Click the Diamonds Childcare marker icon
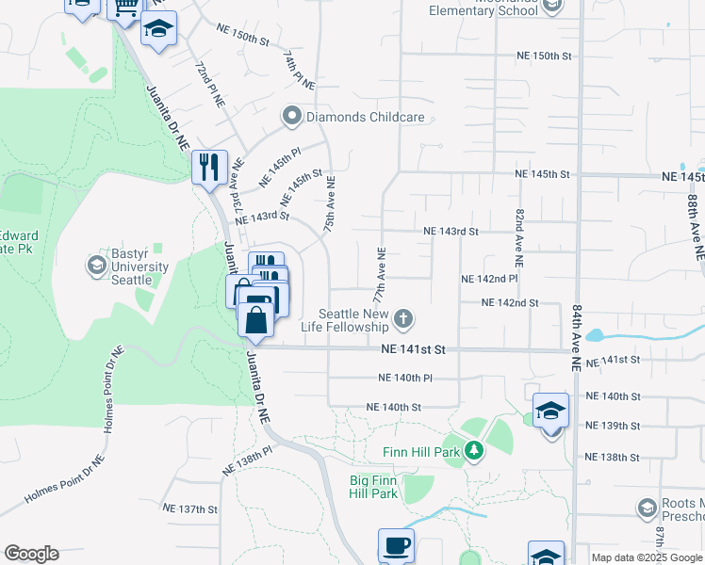tap(291, 118)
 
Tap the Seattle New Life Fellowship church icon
tap(402, 319)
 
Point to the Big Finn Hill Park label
tap(373, 487)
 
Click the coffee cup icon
tap(396, 545)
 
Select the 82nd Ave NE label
tap(519, 234)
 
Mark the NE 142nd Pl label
tap(489, 279)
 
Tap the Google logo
tap(31, 554)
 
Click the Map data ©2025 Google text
tap(648, 557)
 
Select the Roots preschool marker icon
tap(647, 509)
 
